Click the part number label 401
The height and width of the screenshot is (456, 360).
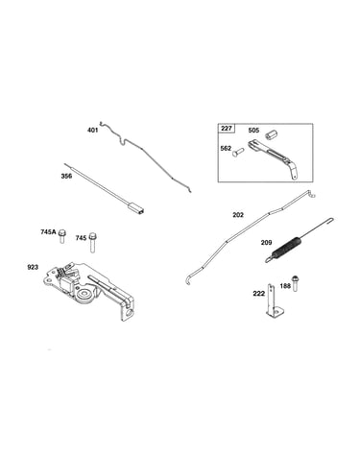[92, 131]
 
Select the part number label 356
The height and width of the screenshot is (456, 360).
[66, 176]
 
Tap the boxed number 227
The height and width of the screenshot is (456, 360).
[227, 129]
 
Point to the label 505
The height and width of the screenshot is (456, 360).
[253, 131]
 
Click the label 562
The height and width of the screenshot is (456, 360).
[226, 149]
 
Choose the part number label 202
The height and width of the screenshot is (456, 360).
[238, 215]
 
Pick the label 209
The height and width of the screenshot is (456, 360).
[266, 243]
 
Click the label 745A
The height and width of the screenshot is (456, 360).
[48, 232]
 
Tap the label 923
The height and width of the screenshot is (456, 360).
[33, 267]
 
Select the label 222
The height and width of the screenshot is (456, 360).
[258, 294]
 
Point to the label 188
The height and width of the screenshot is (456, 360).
[285, 285]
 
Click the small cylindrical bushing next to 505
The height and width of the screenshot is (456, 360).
[271, 133]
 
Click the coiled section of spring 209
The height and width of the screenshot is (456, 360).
[287, 246]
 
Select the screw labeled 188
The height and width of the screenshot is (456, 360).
[295, 283]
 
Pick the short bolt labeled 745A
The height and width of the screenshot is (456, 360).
[61, 236]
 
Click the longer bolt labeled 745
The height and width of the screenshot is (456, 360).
[92, 242]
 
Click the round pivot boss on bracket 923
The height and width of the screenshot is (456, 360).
[85, 293]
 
